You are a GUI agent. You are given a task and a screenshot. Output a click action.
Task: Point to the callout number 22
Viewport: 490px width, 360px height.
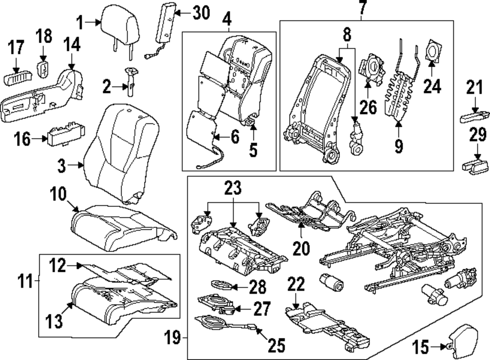[297, 285]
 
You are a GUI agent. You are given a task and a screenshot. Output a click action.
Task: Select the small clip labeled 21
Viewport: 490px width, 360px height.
[473, 117]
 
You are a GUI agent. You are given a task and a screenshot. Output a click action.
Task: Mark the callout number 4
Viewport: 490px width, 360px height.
[226, 21]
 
